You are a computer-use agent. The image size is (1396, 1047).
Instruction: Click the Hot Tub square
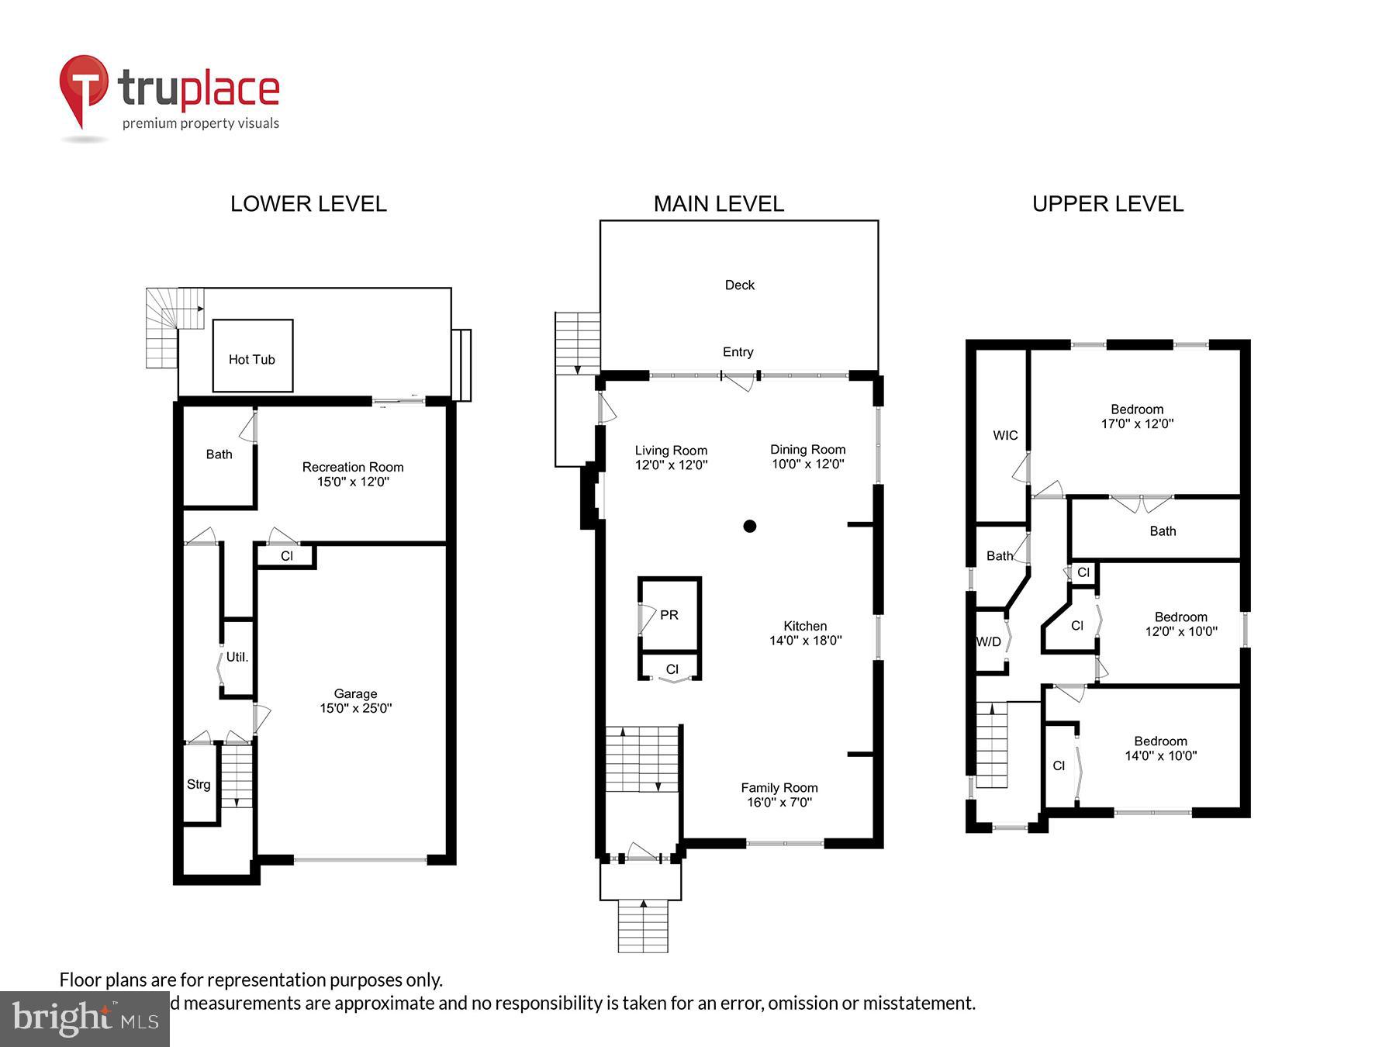coord(253,355)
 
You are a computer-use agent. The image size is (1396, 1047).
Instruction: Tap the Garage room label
coord(356,693)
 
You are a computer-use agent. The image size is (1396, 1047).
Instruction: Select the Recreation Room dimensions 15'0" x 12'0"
coord(353,482)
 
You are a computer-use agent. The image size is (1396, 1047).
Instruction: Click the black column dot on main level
coord(749,526)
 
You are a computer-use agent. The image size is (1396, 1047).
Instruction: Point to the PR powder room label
coord(669,615)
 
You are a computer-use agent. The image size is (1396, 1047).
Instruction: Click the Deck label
coord(739,285)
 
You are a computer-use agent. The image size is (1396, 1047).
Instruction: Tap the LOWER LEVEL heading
coord(308,203)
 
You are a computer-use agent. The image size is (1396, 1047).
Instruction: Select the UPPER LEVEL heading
coord(1107,203)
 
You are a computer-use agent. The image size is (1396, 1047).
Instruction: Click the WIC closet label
coord(1005,435)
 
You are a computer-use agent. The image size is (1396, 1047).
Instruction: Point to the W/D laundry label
coord(989,641)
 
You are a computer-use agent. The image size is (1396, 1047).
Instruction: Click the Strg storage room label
coord(199,784)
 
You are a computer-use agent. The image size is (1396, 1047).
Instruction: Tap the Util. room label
coord(237,657)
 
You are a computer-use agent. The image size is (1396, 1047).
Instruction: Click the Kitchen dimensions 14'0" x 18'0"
coord(805,641)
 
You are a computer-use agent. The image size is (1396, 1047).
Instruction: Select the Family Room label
coord(779,787)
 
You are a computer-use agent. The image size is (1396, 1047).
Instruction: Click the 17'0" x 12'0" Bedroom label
coord(1137,409)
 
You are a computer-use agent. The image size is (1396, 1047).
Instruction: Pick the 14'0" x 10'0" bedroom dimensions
coord(1160,755)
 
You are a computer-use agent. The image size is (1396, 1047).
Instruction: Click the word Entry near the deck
coord(738,351)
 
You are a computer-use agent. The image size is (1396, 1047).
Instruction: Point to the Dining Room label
coord(807,449)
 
